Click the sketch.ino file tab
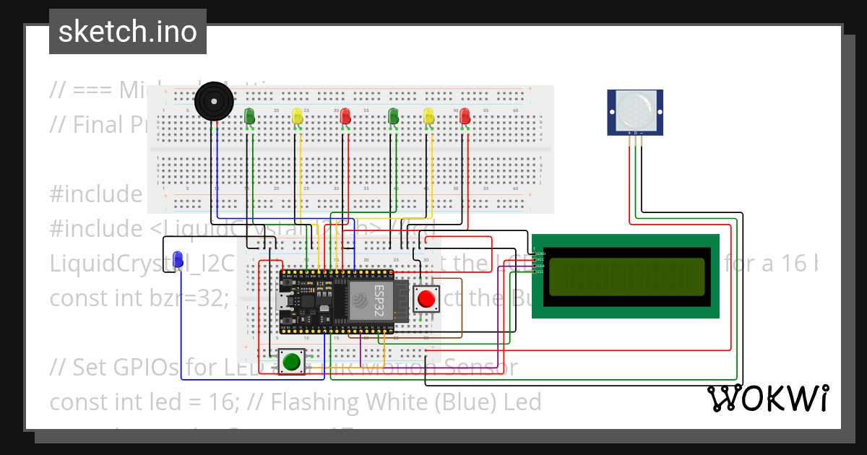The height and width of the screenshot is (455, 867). click(x=127, y=32)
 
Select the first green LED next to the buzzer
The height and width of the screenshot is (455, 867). click(x=249, y=116)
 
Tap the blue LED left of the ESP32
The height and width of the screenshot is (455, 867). click(x=178, y=258)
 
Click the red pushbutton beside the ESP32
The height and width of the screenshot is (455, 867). click(x=426, y=298)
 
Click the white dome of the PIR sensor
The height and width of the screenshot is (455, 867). click(x=635, y=109)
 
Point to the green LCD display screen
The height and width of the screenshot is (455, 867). click(x=626, y=277)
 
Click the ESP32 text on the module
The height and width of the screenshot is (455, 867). click(x=379, y=299)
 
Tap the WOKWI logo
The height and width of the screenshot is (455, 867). click(x=767, y=398)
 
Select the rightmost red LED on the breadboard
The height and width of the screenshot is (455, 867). click(x=465, y=116)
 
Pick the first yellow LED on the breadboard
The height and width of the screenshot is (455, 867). click(x=297, y=116)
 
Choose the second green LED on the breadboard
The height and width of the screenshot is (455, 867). click(x=394, y=116)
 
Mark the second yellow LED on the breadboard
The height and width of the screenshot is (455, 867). click(x=428, y=116)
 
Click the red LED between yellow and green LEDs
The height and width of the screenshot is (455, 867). click(x=345, y=116)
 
